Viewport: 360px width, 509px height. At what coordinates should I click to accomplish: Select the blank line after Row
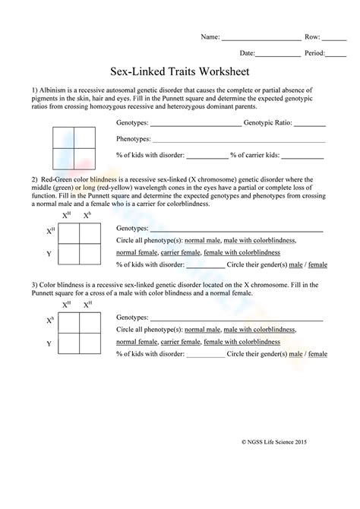333,37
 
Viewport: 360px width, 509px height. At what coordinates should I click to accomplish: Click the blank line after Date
277,54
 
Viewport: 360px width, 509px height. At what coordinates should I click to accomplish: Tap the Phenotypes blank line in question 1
238,140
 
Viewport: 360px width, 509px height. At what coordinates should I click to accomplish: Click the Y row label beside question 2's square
49,254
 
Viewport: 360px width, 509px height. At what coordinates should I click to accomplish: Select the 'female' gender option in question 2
317,265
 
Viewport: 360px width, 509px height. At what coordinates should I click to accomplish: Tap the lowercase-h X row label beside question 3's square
50,321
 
